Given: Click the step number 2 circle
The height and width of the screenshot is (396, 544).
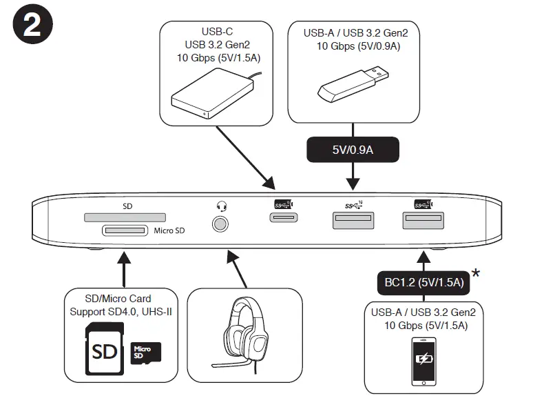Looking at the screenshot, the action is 32,24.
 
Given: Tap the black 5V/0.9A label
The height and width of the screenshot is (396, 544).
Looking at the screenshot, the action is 353,150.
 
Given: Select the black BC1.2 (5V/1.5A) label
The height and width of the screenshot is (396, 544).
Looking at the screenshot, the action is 423,282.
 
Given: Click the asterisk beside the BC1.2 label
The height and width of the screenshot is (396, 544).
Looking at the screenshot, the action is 476,273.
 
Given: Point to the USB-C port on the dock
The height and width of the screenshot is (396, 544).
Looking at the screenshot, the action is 284,217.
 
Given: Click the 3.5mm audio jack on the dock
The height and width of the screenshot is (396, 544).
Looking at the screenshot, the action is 220,224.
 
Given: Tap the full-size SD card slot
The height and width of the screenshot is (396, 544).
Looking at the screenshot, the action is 125,217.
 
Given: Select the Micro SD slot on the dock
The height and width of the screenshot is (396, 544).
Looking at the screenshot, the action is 125,230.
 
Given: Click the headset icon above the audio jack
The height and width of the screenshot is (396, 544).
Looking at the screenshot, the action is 222,206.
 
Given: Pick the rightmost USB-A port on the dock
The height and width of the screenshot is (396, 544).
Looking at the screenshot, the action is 423,221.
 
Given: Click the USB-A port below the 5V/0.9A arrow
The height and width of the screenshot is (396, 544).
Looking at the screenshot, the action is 353,221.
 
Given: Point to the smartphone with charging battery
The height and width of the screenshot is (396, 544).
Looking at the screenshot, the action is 423,362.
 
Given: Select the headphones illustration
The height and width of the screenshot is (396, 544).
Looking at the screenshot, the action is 243,335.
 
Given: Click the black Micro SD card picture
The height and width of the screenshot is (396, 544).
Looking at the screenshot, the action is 146,353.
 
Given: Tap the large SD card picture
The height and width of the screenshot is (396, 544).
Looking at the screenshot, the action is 105,348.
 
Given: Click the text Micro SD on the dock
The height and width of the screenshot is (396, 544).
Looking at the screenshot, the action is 169,230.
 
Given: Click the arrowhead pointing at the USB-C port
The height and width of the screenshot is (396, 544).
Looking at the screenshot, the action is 269,184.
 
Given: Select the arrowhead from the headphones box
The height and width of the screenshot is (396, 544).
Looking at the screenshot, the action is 232,257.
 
